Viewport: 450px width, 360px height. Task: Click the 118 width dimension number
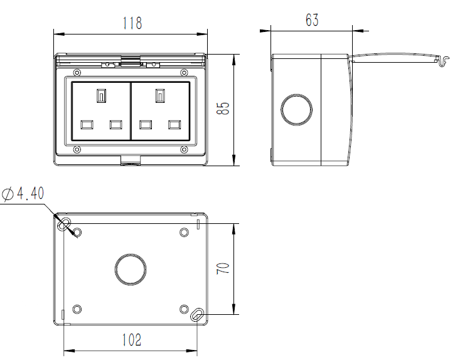[x=132, y=23]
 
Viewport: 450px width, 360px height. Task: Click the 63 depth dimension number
[x=312, y=20]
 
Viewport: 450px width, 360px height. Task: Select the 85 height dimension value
[x=223, y=109]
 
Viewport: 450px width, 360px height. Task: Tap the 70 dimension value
[x=223, y=268]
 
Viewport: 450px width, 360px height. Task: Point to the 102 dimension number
[x=132, y=340]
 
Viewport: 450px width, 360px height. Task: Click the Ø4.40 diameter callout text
[x=23, y=193]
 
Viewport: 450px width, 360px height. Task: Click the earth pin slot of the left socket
[x=101, y=95]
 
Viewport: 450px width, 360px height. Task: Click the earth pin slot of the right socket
[x=160, y=95]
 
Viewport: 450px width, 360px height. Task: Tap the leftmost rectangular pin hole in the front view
[x=87, y=125]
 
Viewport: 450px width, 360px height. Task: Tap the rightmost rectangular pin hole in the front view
[x=174, y=125]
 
